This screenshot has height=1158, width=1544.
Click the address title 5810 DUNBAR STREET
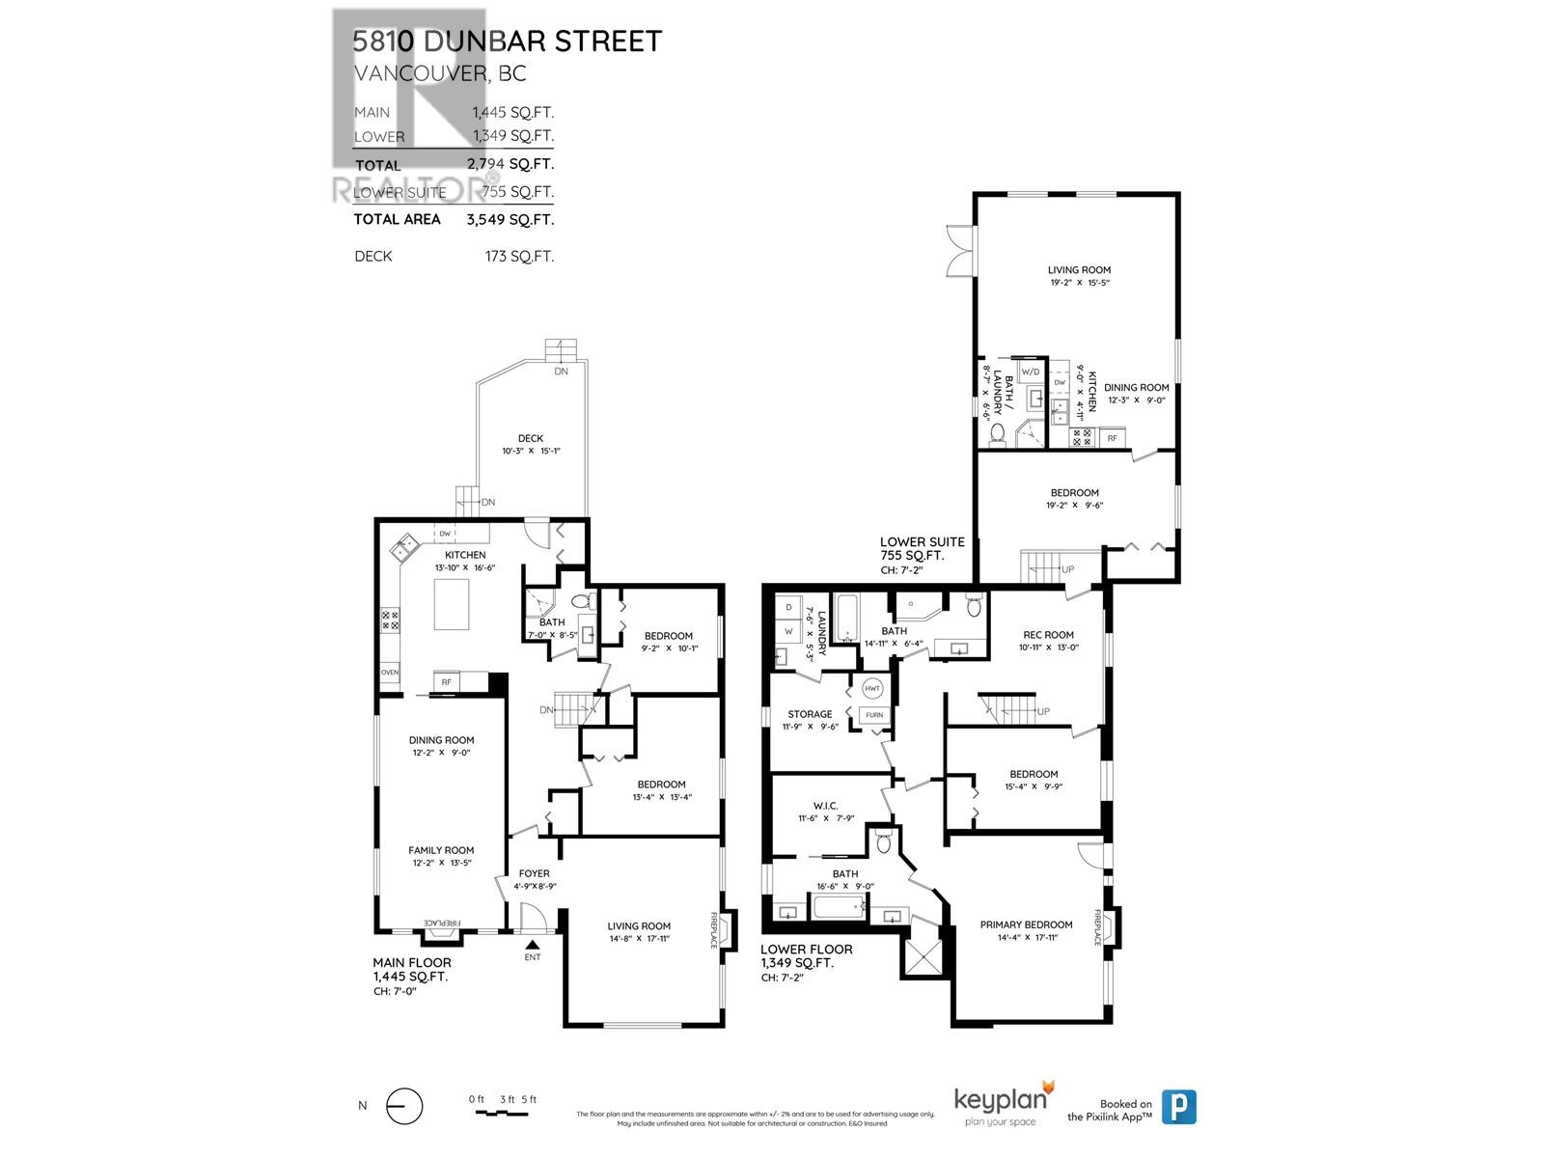[507, 41]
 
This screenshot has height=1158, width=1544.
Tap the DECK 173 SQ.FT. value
[519, 256]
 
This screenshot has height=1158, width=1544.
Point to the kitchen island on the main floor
[451, 604]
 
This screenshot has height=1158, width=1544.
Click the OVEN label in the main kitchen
[390, 673]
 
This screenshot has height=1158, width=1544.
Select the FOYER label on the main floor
[534, 873]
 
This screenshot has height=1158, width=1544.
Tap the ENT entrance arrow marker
[532, 945]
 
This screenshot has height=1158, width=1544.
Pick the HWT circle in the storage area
[872, 689]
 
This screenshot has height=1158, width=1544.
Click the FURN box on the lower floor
[873, 715]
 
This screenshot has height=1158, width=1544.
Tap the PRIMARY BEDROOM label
[1026, 924]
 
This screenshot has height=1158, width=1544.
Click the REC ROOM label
[1048, 635]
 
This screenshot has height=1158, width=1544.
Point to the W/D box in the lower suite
[1031, 372]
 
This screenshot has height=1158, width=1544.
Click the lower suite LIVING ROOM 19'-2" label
[1079, 270]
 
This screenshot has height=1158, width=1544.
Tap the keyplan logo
[1003, 1102]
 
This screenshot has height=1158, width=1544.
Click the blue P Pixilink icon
[1178, 1106]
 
